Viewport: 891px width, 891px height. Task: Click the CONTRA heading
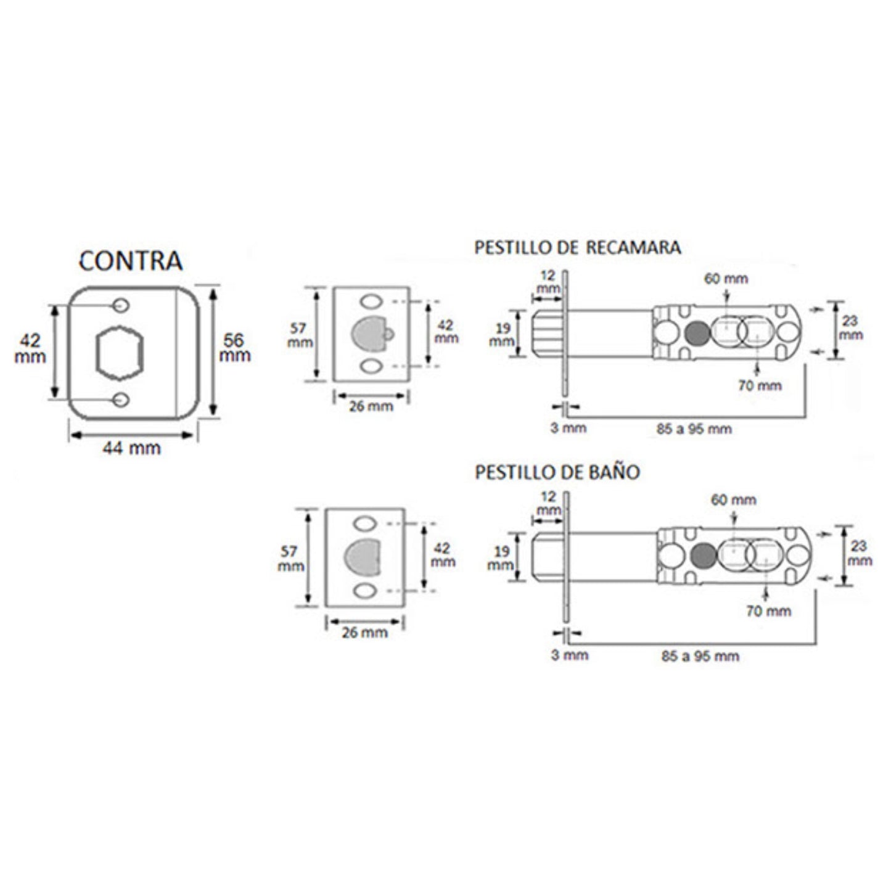coord(131,261)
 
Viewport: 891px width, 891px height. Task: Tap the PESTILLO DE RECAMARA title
coord(577,247)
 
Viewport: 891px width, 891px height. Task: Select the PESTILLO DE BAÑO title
coord(557,472)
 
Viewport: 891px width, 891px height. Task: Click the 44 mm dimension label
coord(131,448)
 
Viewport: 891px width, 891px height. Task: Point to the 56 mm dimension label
coord(234,348)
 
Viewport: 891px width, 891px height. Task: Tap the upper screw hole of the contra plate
coord(121,305)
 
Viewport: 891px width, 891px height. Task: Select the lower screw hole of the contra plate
coord(121,400)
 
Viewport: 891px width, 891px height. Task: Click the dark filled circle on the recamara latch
coord(697,334)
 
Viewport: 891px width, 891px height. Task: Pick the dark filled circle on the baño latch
coord(703,556)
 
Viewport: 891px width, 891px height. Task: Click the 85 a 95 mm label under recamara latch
coord(694,429)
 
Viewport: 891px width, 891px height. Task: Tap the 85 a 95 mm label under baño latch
coord(700,656)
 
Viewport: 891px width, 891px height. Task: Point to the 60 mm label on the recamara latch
coord(726,279)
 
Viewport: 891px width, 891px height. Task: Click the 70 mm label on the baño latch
coord(768,611)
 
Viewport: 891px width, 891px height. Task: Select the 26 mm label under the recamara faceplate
coord(371,407)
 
